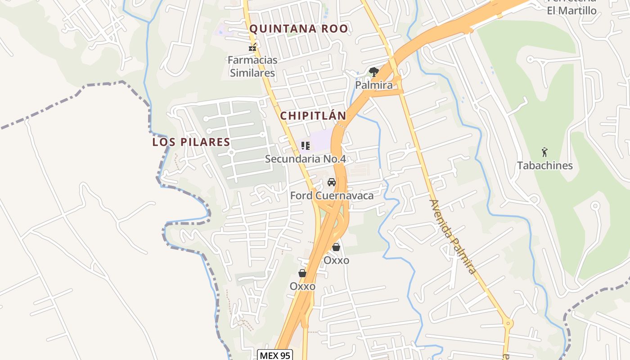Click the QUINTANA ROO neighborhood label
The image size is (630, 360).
click(299, 29)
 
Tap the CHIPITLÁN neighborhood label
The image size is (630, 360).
click(313, 116)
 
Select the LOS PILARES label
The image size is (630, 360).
click(191, 142)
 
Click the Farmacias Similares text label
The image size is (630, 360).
click(252, 66)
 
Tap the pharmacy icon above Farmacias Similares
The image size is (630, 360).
click(252, 47)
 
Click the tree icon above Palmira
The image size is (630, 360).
click(373, 72)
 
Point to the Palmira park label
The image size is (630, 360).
click(374, 85)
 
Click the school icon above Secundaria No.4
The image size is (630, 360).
click(306, 145)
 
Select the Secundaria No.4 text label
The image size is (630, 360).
click(305, 159)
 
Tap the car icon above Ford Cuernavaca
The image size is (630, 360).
click(332, 182)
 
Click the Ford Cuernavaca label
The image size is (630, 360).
click(332, 196)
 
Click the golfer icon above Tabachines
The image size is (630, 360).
click(545, 152)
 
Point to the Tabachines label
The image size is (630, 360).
click(545, 166)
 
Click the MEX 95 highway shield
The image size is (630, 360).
click(275, 355)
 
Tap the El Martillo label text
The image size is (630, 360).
click(571, 10)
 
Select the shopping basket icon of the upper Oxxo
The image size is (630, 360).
click(336, 247)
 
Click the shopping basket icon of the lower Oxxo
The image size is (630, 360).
click(302, 273)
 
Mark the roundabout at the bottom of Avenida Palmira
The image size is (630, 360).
click(508, 323)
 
